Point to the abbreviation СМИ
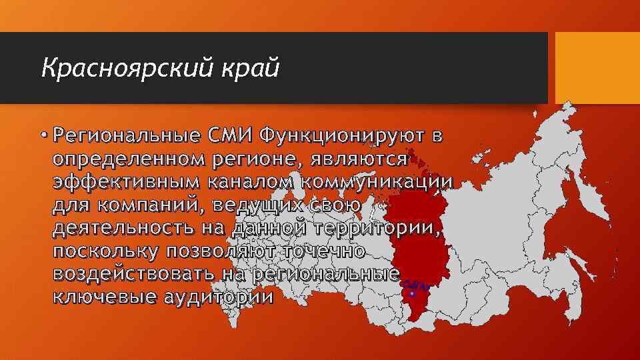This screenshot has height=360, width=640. pyautogui.click(x=231, y=137)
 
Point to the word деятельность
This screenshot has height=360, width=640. pyautogui.click(x=119, y=228)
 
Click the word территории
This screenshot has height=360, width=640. pyautogui.click(x=377, y=228)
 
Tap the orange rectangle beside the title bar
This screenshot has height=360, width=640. pyautogui.click(x=594, y=67)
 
